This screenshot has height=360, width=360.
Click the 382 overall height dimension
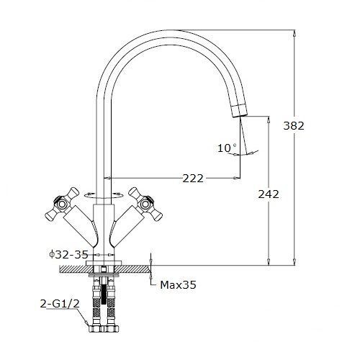(x=294, y=126)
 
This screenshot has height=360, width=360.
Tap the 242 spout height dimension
(x=269, y=194)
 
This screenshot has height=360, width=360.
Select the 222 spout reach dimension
(x=193, y=179)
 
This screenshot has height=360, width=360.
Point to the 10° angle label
(x=227, y=148)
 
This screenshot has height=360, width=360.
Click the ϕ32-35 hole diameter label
(x=68, y=254)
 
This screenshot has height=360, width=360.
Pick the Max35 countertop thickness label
(x=178, y=285)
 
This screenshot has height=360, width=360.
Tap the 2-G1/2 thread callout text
(x=60, y=304)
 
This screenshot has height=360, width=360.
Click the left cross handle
(x=62, y=204)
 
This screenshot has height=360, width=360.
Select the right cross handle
(x=145, y=204)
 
